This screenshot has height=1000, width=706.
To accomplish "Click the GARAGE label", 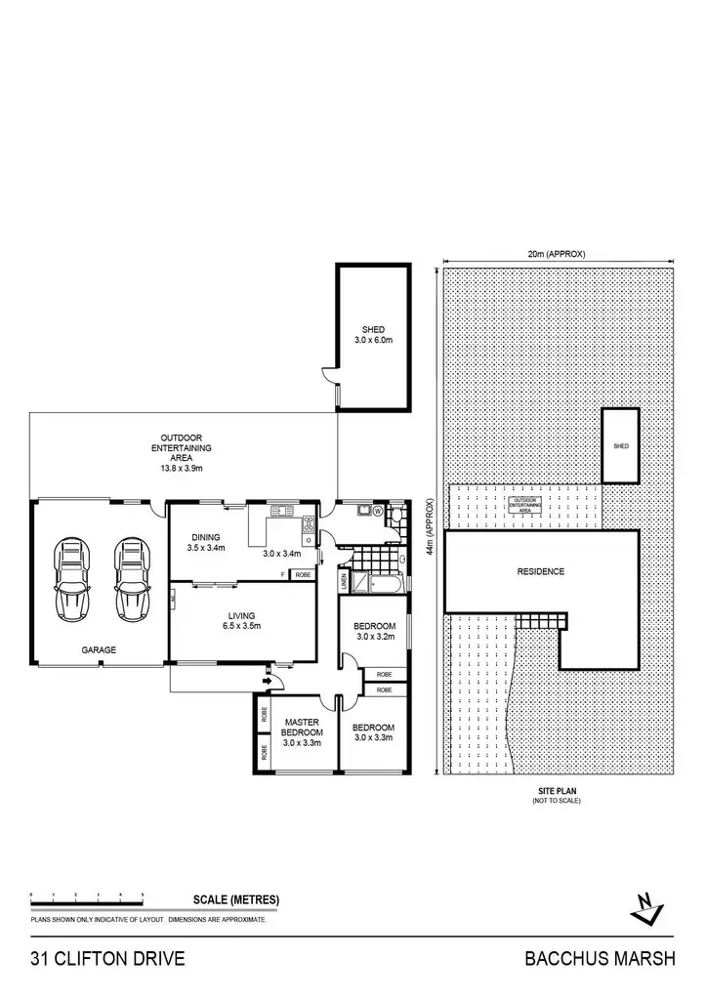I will [x=99, y=649].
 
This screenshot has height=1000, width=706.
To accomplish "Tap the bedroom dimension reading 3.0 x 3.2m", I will [x=375, y=637].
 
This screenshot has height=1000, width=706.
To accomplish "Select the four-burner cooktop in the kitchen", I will [x=309, y=521].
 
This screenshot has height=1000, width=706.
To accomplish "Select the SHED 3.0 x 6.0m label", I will [x=373, y=335].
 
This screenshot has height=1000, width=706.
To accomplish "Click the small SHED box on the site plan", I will [x=620, y=445].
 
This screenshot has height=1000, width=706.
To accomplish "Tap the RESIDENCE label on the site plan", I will [x=540, y=571].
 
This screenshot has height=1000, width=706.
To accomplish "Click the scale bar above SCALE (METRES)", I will [x=87, y=896].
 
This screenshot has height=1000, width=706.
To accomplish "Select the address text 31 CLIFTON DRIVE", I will [x=107, y=958].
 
